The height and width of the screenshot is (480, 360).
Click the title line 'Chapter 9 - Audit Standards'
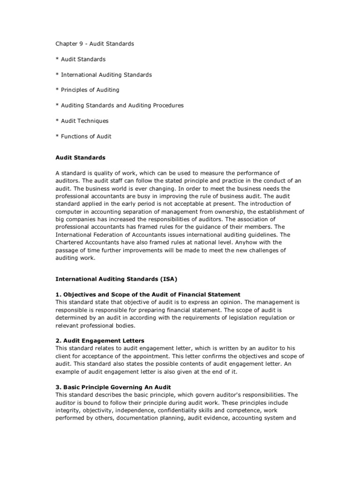coord(95,44)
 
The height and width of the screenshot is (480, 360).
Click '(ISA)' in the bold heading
coord(168,278)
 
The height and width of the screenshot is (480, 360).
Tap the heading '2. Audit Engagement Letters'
coord(100,340)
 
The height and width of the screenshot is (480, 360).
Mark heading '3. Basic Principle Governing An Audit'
coord(113,387)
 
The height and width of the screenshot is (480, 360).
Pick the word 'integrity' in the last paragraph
coord(67,410)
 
